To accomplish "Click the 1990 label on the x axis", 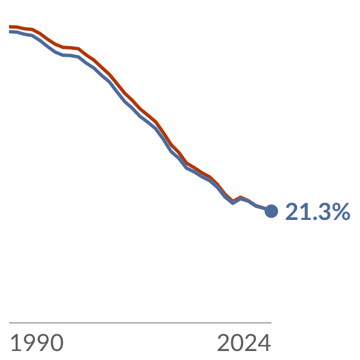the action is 37,343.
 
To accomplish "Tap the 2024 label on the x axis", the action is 244,343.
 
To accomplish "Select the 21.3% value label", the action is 318,211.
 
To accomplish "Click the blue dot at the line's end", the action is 271,211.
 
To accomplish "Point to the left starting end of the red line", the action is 9,26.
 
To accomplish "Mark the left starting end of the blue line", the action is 9,31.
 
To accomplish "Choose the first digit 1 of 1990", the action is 15,343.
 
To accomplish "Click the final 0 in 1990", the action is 57,343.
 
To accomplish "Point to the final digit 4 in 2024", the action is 264,343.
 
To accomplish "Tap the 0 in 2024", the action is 237,343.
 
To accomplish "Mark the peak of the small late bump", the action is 240,197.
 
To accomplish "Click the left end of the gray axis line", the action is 9,322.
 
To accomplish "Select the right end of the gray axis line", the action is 271,322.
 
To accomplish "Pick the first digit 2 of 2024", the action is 224,343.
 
